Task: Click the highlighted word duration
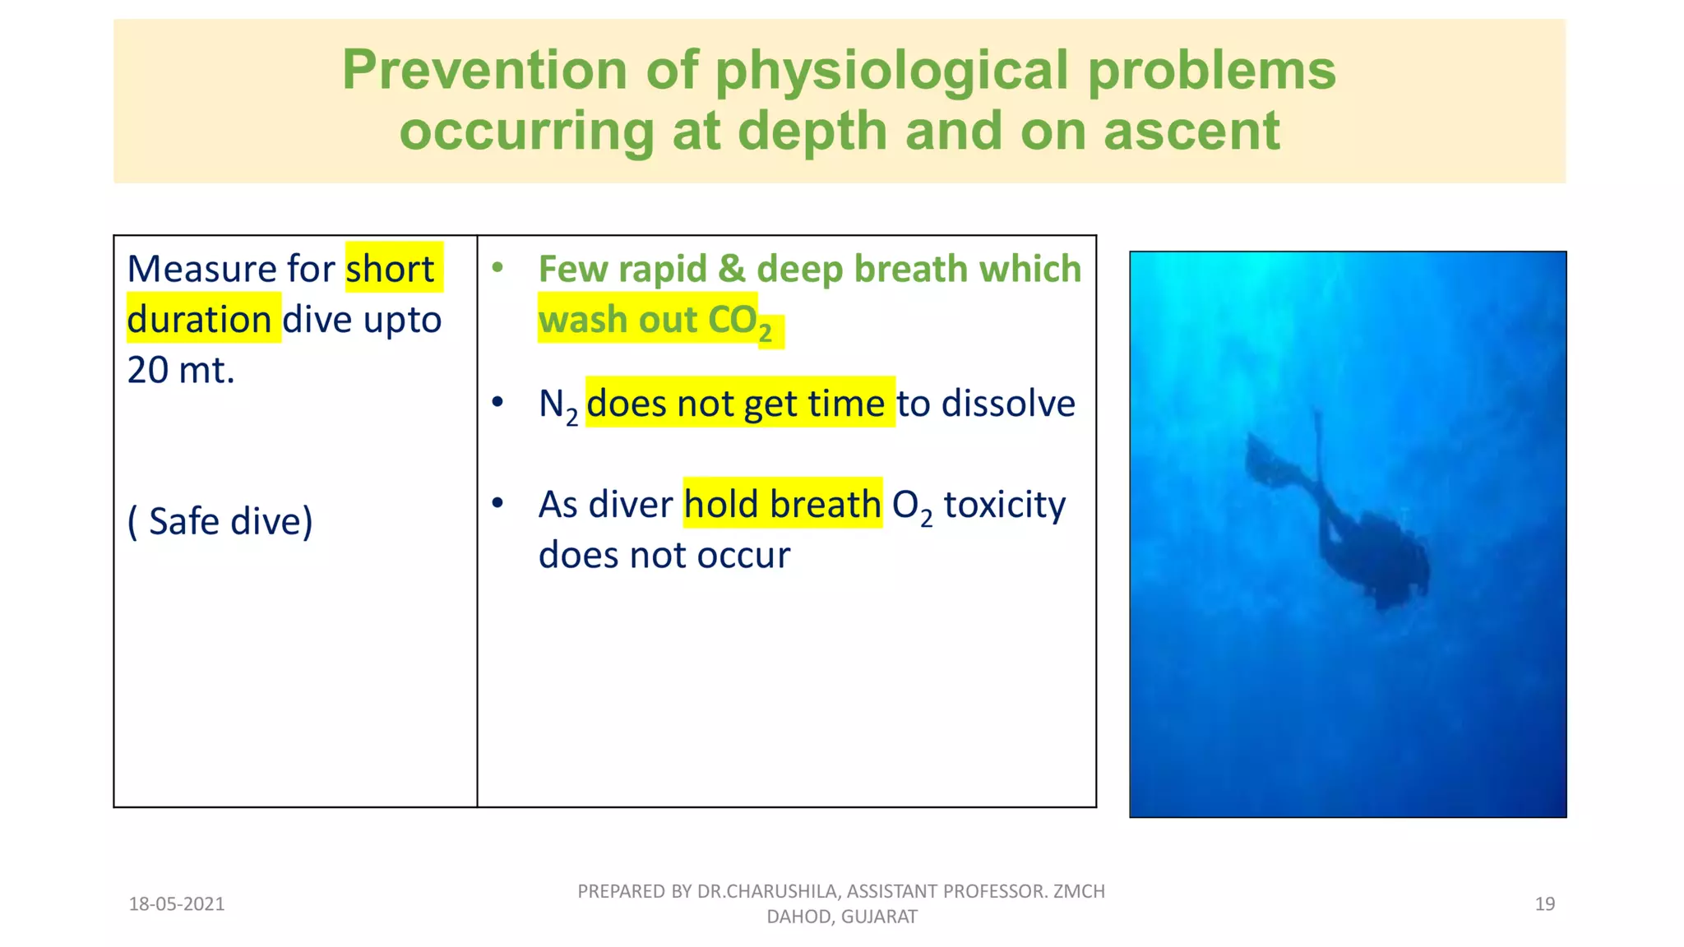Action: tap(199, 320)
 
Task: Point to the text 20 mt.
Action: tap(181, 370)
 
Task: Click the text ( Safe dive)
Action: tap(220, 521)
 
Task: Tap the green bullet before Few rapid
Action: tap(497, 267)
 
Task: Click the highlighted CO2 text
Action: tap(740, 321)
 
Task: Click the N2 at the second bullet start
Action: tap(557, 405)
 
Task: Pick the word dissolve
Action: tap(1007, 404)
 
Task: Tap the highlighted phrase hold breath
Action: tap(782, 504)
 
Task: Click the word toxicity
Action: tap(1004, 504)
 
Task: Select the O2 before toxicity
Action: tap(911, 506)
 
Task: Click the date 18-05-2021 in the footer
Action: tap(177, 904)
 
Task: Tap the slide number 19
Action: tap(1544, 904)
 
